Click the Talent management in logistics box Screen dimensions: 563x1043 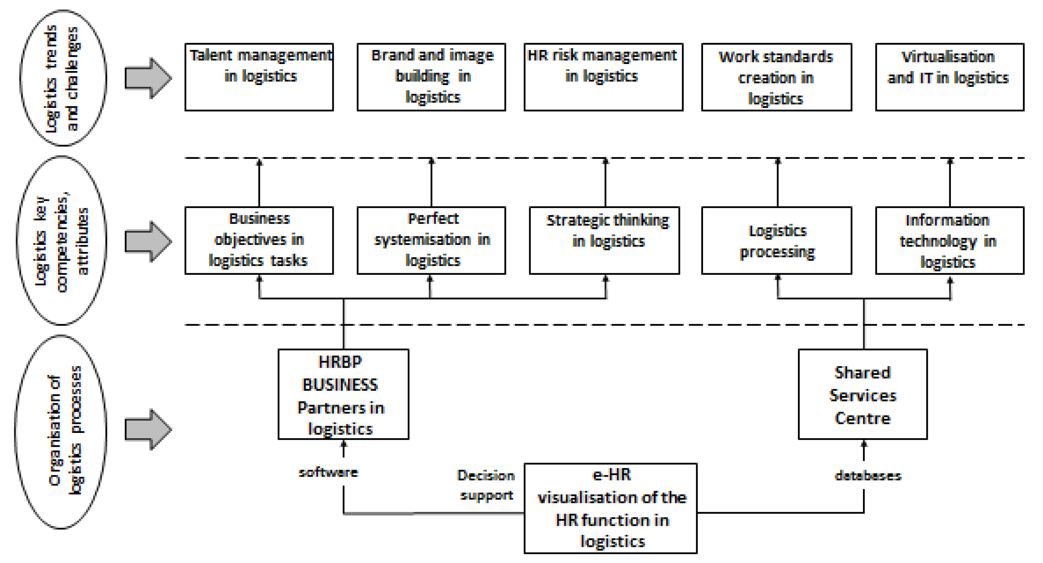click(x=259, y=77)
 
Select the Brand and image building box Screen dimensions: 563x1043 click(x=431, y=77)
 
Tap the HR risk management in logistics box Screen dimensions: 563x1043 click(x=603, y=77)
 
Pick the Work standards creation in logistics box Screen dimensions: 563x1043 click(x=776, y=77)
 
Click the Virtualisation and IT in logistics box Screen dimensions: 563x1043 click(x=950, y=77)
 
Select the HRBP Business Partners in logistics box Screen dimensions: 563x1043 click(x=343, y=394)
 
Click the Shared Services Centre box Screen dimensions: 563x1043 click(x=862, y=394)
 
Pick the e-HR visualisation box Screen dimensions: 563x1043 click(x=610, y=508)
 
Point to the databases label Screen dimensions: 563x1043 click(x=868, y=476)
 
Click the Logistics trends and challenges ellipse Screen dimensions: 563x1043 click(x=63, y=78)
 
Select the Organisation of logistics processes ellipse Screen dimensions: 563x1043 click(x=61, y=431)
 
